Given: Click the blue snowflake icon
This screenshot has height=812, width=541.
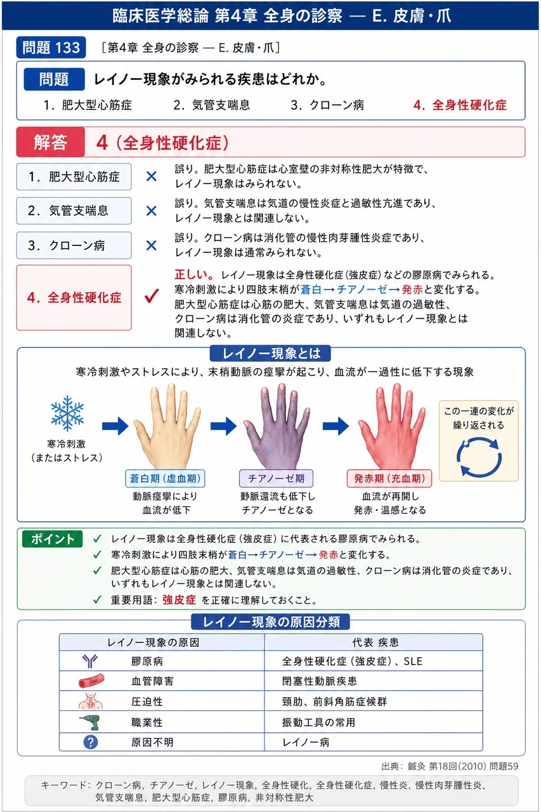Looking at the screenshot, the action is (x=67, y=413).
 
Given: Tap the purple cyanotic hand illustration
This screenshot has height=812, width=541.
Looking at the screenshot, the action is (x=277, y=426).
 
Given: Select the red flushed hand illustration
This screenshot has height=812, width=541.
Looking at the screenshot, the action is (x=391, y=426).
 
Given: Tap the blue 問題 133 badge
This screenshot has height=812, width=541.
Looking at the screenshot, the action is (x=51, y=48).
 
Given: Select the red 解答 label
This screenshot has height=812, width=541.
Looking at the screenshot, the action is (x=51, y=141).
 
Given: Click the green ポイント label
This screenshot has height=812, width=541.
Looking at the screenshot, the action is (x=52, y=539).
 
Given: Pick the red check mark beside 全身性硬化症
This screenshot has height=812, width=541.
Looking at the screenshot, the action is (x=152, y=296).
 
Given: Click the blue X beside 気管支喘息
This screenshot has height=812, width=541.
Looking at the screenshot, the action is (x=151, y=211).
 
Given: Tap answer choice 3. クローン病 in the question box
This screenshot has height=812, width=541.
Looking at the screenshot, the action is (x=327, y=105).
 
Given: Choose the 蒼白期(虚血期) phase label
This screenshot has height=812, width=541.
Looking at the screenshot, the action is (x=166, y=478).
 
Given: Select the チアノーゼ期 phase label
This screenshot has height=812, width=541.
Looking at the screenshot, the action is (x=276, y=478).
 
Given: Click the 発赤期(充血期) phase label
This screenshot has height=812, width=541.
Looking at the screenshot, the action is (x=389, y=478).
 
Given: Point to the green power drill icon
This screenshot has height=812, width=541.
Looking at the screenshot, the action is (x=90, y=722).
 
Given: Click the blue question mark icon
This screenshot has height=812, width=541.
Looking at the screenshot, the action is (x=90, y=742).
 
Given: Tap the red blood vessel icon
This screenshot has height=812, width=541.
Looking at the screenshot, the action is (x=91, y=681).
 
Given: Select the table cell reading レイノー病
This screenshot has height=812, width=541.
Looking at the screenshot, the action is (x=306, y=742).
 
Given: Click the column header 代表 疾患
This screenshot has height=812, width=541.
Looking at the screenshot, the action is (x=375, y=643).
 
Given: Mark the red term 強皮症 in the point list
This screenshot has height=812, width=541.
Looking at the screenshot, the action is (x=179, y=600).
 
